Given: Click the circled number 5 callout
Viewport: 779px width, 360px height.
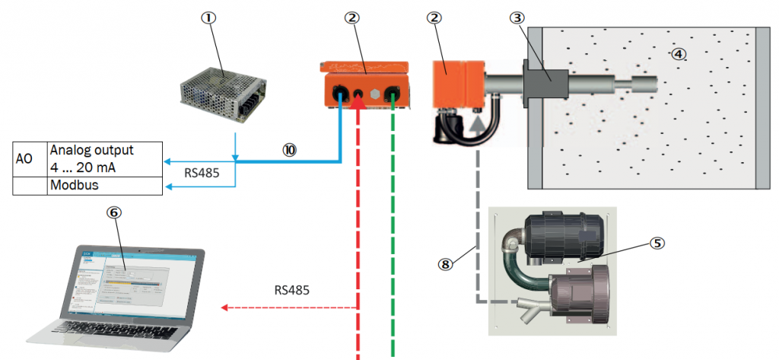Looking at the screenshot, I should point(657,244).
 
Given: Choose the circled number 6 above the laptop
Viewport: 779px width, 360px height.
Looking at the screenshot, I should point(113,214).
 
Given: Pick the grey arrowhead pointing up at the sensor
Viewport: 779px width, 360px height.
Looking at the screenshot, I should point(477,117).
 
